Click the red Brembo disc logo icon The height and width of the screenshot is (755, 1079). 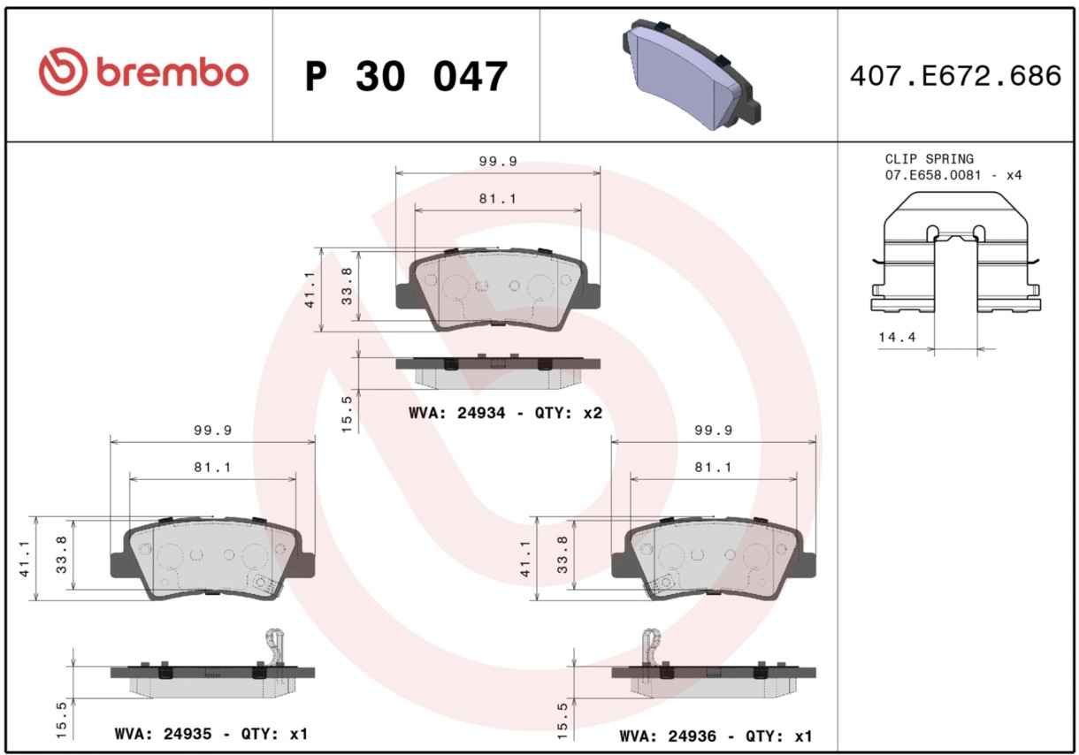tap(63, 72)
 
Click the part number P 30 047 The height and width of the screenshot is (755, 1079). tap(407, 76)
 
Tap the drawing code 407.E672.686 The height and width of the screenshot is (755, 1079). tap(956, 76)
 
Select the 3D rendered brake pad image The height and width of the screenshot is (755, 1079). tap(692, 74)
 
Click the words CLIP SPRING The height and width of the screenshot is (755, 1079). tap(930, 159)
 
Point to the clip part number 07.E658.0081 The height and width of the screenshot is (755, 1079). tap(932, 175)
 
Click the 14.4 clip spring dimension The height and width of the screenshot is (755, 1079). tap(897, 337)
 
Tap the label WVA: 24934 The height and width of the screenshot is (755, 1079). tap(457, 413)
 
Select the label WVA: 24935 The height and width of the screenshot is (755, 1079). tap(163, 734)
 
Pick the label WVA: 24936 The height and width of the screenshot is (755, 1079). tap(668, 736)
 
